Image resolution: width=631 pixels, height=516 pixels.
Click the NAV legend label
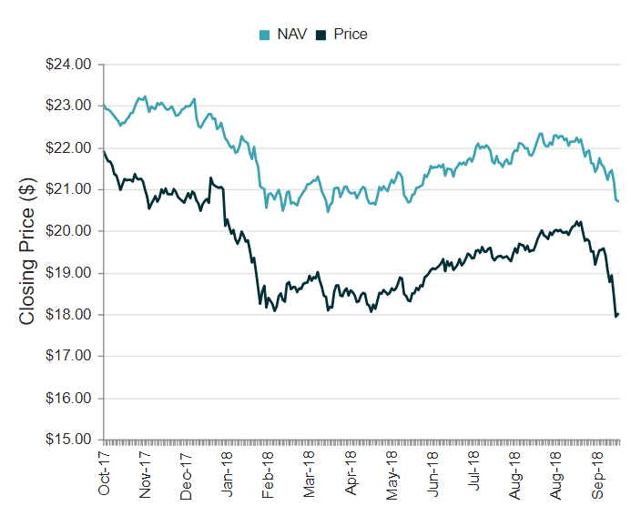291,35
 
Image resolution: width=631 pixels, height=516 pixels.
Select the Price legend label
351,35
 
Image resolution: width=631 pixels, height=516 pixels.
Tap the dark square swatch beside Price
321,35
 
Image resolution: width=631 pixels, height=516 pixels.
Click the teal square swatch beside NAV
265,35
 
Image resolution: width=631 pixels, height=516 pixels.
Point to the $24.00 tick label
69,65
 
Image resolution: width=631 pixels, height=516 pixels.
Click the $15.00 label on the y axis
69,440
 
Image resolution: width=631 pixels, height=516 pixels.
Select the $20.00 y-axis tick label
69,231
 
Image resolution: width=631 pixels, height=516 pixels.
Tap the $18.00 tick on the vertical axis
69,315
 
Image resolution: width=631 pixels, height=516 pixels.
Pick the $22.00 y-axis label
69,147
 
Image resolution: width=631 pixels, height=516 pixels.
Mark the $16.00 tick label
69,398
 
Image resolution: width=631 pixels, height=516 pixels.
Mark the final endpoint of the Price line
618,315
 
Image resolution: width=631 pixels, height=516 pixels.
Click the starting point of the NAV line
104,106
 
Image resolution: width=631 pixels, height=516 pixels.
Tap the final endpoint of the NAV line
618,201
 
